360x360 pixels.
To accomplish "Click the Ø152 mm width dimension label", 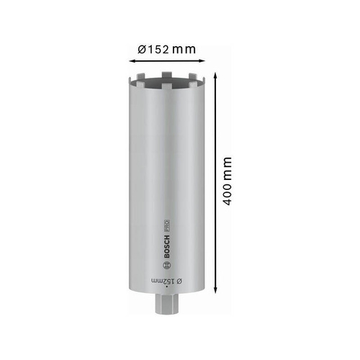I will tap(167, 49).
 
